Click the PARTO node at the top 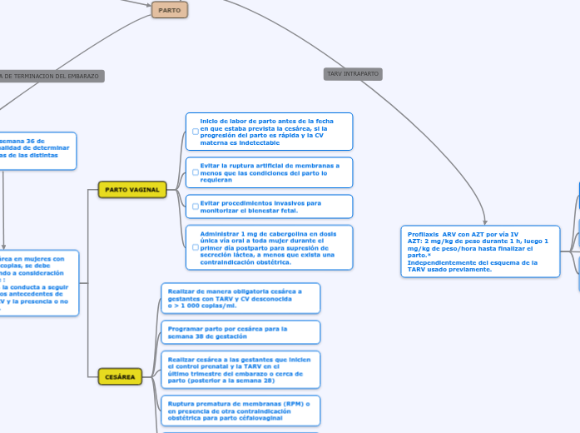(170, 9)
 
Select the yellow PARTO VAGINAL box (132, 190)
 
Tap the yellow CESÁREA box (120, 377)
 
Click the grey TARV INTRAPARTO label (353, 74)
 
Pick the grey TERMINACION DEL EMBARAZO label (50, 76)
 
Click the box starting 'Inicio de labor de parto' (270, 132)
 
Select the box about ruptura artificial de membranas (270, 172)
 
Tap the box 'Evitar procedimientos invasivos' (270, 207)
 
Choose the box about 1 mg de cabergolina (270, 247)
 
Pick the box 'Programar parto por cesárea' (240, 332)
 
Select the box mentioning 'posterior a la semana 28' (240, 370)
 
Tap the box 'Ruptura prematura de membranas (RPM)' (240, 411)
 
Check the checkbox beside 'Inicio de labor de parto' (195, 132)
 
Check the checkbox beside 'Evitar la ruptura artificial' (195, 172)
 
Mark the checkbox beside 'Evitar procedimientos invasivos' (195, 207)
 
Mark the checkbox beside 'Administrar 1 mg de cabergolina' (195, 247)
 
